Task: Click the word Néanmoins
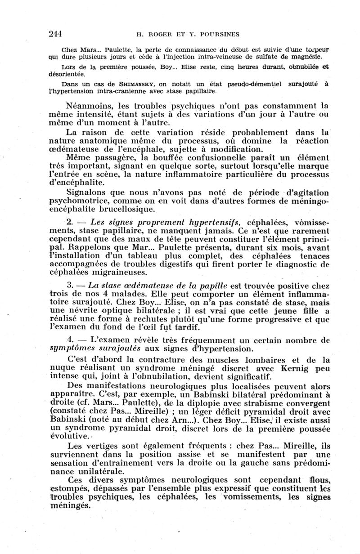90,107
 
